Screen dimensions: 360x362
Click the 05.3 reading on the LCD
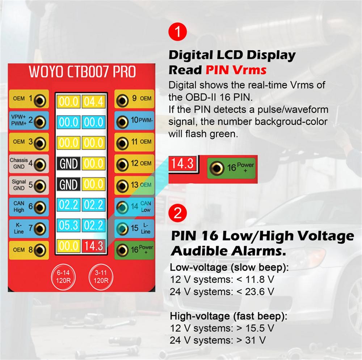[69, 225]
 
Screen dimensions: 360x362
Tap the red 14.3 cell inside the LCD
[93, 246]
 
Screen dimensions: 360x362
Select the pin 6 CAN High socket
[39, 207]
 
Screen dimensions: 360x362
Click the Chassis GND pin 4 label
[19, 164]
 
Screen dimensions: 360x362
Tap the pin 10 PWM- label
[142, 120]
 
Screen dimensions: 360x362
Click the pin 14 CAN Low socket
[123, 207]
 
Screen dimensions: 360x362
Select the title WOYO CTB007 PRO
[82, 72]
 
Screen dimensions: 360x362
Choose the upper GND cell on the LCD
[69, 164]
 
